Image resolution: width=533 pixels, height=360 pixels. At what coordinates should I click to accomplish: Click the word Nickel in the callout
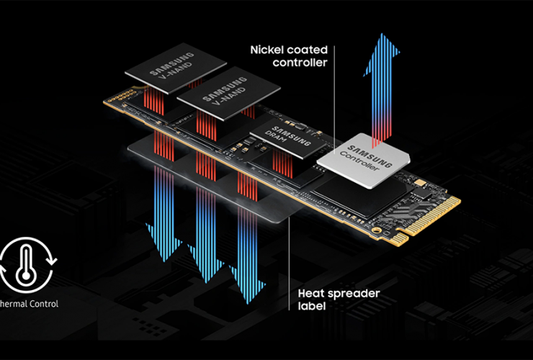coord(266,50)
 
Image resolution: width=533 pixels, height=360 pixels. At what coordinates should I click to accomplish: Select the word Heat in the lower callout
coord(311,294)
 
